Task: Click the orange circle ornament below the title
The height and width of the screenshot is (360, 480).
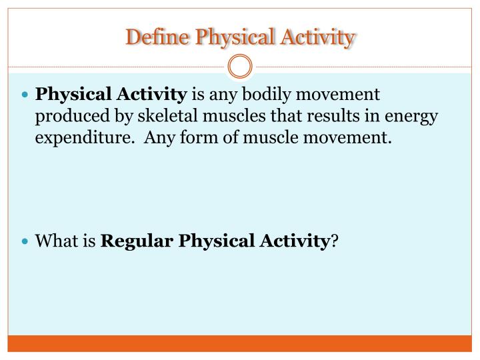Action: pos(240,67)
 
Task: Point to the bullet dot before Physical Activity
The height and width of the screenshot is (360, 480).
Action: pos(25,95)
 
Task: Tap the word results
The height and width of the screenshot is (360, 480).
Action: pos(326,117)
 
